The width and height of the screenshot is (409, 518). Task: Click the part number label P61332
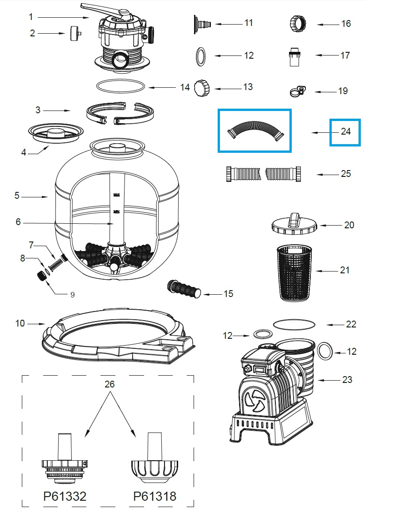pyautogui.click(x=65, y=496)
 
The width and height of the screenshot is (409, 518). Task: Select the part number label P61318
pyautogui.click(x=155, y=496)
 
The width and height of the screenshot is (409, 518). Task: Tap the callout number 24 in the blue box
pyautogui.click(x=345, y=132)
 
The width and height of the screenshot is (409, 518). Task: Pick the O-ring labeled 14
pyautogui.click(x=121, y=85)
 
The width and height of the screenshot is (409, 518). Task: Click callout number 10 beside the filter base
pyautogui.click(x=20, y=323)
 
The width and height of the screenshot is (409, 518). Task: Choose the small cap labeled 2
pyautogui.click(x=74, y=33)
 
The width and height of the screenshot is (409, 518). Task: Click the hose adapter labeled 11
pyautogui.click(x=203, y=22)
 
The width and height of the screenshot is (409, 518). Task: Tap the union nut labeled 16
pyautogui.click(x=296, y=23)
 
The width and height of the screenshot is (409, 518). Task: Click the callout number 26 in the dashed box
pyautogui.click(x=110, y=384)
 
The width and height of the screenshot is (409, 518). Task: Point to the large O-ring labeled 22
pyautogui.click(x=294, y=324)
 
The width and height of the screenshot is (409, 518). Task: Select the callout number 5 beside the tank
pyautogui.click(x=17, y=196)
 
